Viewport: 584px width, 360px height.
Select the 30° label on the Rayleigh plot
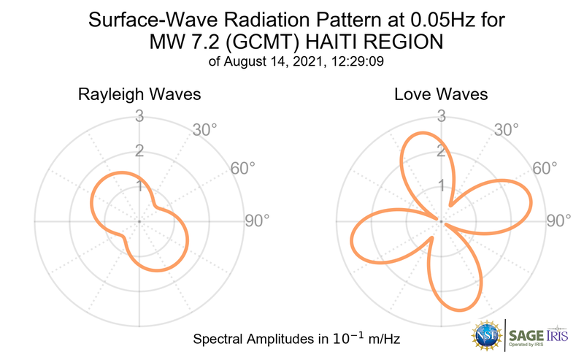pyautogui.click(x=205, y=130)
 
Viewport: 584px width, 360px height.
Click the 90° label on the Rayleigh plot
pyautogui.click(x=257, y=221)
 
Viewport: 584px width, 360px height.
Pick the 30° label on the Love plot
pyautogui.click(x=507, y=130)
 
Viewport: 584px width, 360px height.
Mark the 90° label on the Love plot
pyautogui.click(x=558, y=221)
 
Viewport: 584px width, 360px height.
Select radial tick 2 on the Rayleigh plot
pyautogui.click(x=139, y=151)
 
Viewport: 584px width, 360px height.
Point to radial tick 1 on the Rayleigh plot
pyautogui.click(x=139, y=186)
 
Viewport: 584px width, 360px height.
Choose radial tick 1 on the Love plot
pyautogui.click(x=441, y=186)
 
